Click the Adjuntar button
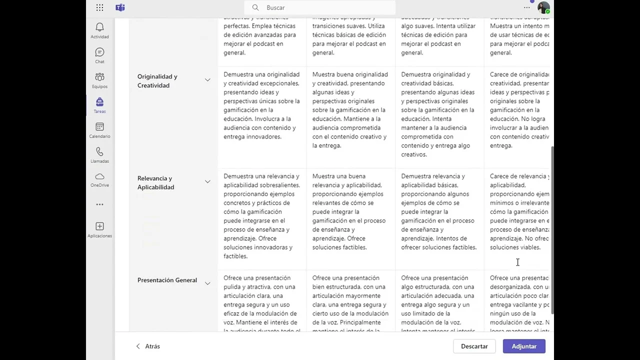coord(523,346)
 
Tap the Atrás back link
coord(148,346)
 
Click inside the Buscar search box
coord(320,7)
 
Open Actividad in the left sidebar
coord(99,30)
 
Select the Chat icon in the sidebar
coord(99,55)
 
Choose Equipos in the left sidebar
coord(99,79)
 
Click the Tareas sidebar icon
coord(99,104)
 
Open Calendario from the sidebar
coord(99,129)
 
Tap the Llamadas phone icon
coord(99,154)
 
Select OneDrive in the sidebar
coord(99,179)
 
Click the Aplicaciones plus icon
coord(99,229)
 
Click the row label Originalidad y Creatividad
coord(157,81)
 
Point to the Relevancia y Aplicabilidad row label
coord(156,182)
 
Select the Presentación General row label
coord(167,280)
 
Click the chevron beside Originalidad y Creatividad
coord(207,80)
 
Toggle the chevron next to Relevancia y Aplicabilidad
coord(207,181)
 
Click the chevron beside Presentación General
coord(207,283)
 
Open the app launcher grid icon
coord(99,7)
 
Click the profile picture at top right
coord(543,8)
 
